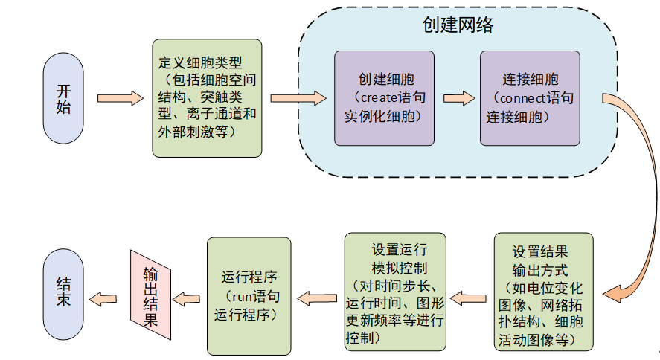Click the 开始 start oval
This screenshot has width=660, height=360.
click(64, 98)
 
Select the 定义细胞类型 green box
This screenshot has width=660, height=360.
click(207, 98)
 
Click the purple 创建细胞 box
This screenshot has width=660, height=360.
click(384, 98)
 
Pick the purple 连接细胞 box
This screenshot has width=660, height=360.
click(530, 98)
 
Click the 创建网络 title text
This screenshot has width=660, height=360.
click(458, 25)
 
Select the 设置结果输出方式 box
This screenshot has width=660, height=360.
click(544, 292)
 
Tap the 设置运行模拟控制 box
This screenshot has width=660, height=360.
click(395, 292)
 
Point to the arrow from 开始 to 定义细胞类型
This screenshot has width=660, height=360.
click(119, 98)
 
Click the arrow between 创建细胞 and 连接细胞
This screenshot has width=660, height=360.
click(458, 98)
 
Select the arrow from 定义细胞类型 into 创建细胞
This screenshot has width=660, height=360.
click(298, 98)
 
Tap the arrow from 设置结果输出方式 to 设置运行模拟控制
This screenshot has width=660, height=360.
click(470, 298)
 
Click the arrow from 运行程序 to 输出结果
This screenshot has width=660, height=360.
click(188, 298)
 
